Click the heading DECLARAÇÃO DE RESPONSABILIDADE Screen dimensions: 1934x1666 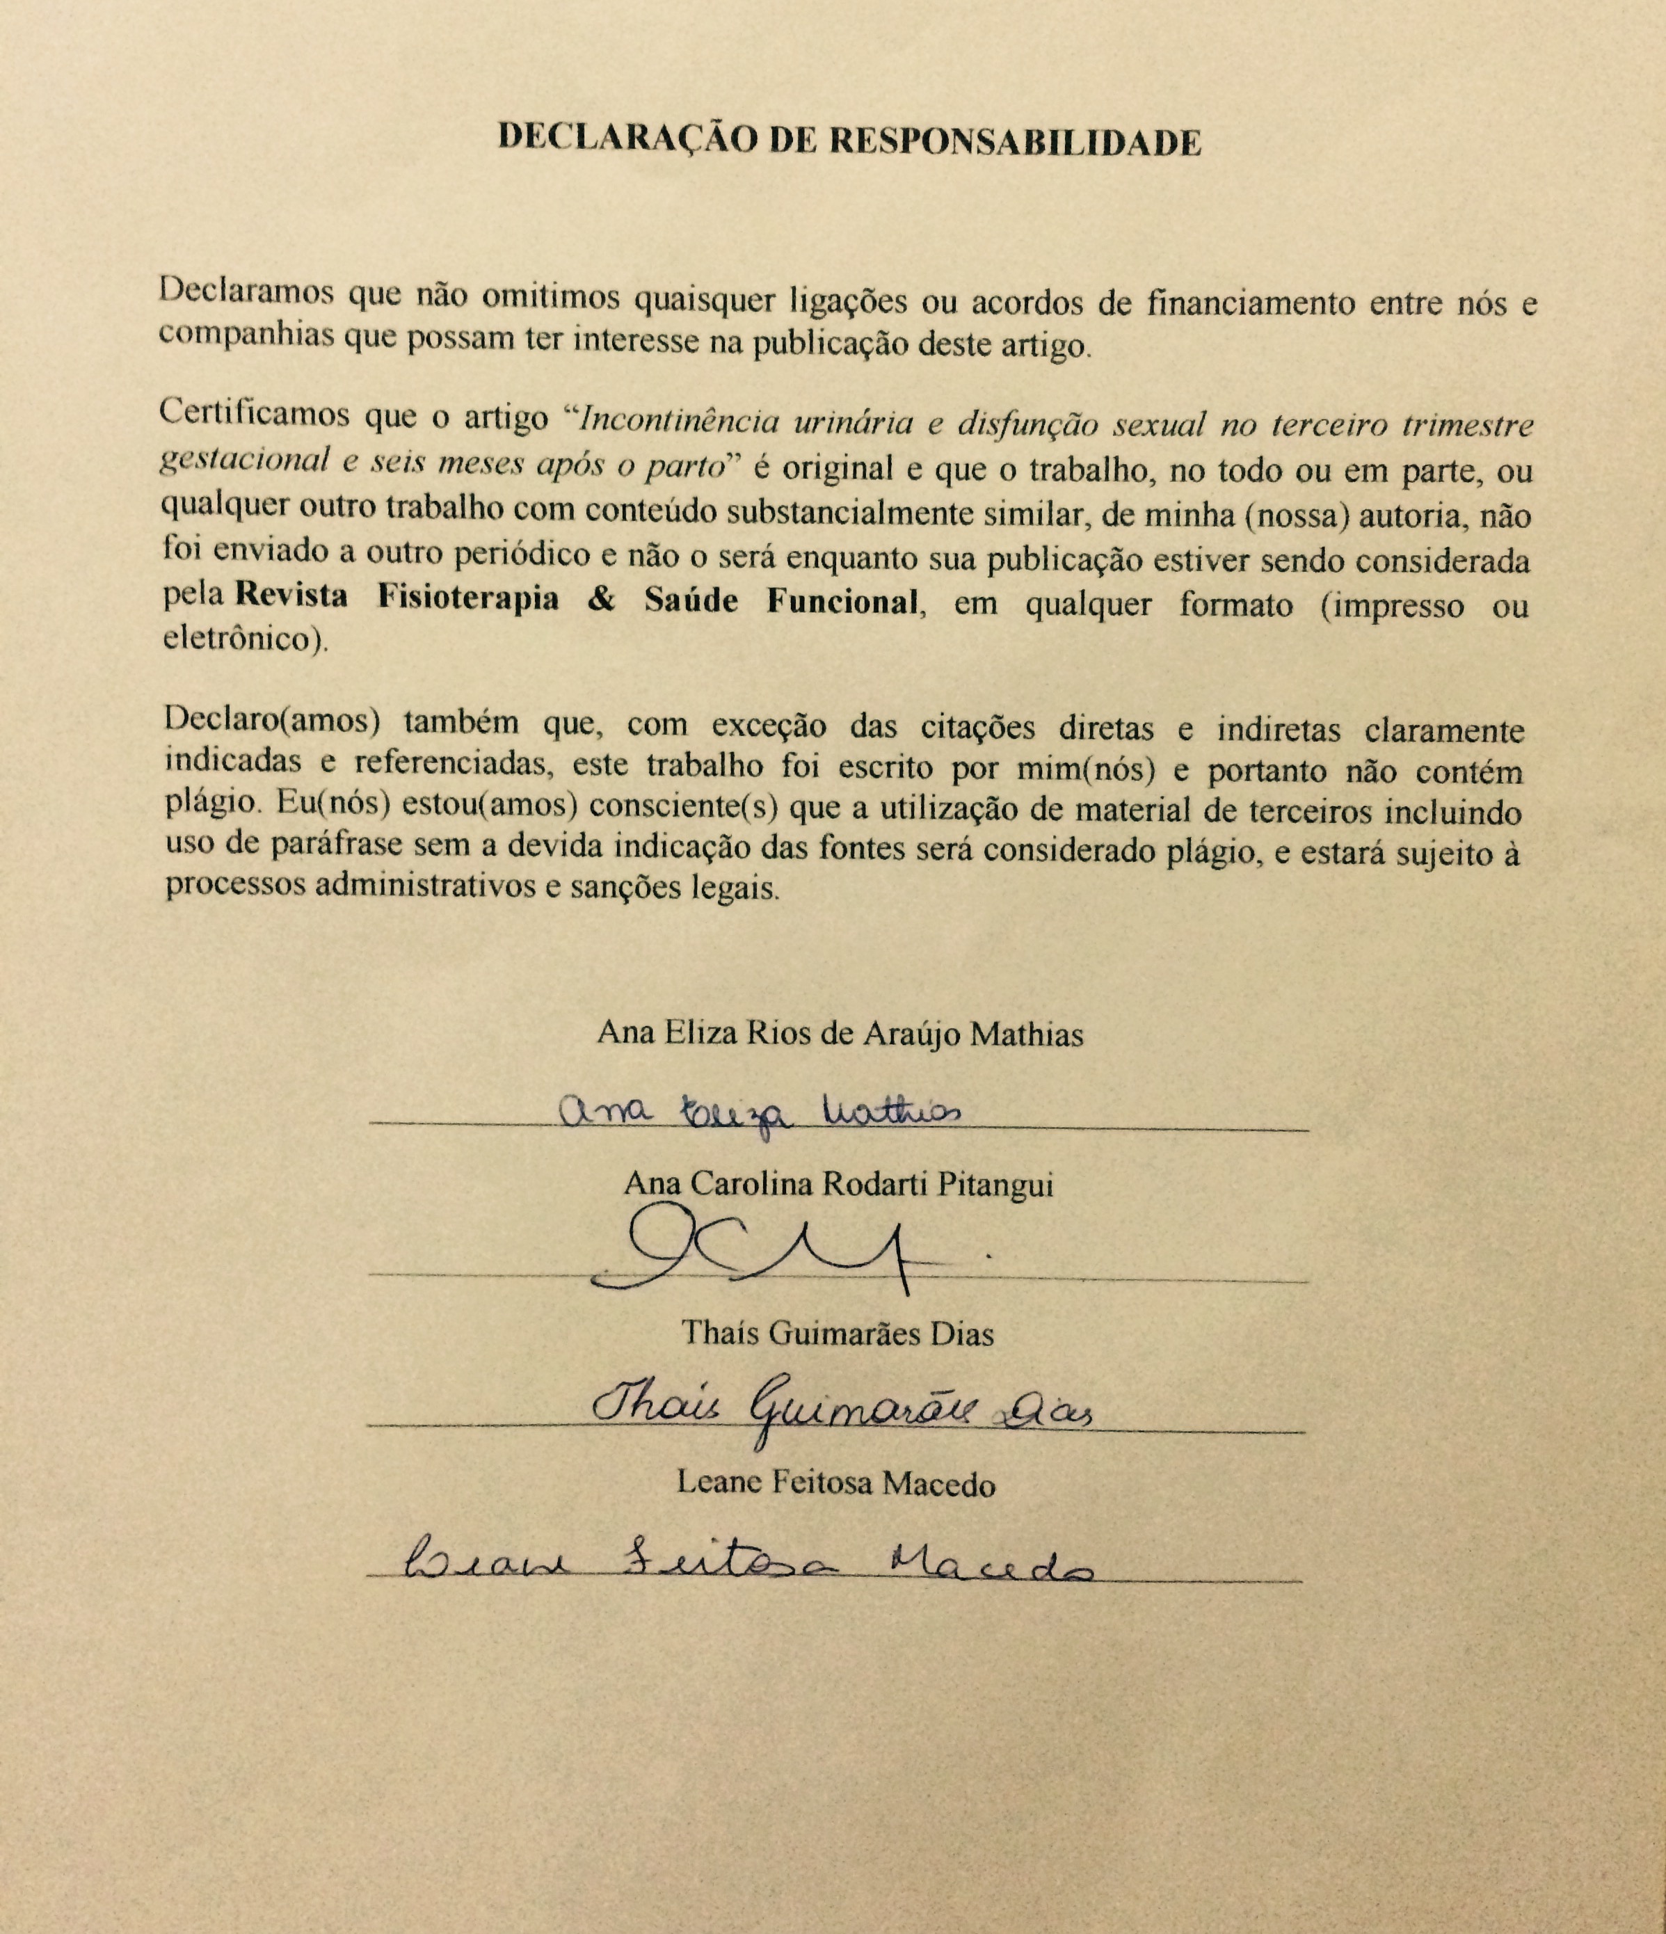tap(849, 140)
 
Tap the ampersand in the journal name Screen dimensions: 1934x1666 tap(602, 599)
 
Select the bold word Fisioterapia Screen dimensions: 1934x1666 tap(467, 598)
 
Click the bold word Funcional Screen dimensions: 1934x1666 tap(844, 602)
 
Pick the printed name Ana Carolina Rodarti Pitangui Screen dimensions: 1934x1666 tap(838, 1183)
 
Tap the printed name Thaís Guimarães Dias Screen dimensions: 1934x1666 tap(838, 1333)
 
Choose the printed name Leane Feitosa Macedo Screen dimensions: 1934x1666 tap(835, 1483)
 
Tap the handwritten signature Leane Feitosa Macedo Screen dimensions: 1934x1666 tap(746, 1560)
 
